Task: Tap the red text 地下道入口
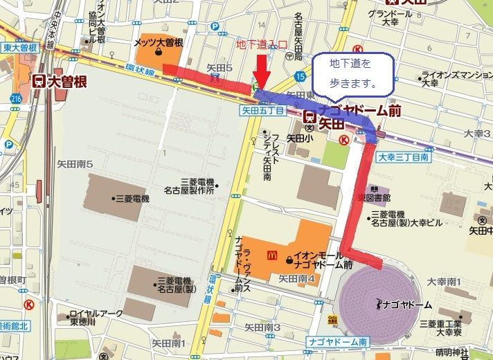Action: tap(261, 45)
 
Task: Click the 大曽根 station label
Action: tap(61, 81)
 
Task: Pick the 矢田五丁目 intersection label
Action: tap(262, 109)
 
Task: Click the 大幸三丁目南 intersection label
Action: tap(404, 158)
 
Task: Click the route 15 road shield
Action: tap(299, 75)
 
